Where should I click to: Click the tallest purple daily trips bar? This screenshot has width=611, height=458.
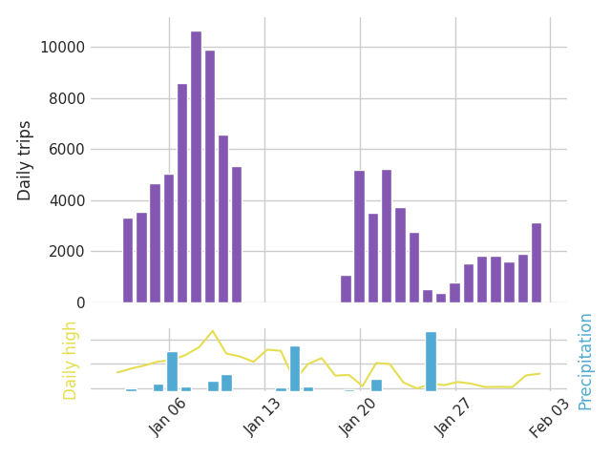pos(196,167)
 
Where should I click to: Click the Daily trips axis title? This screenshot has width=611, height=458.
pos(26,160)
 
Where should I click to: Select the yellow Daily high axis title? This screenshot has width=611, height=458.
pos(71,360)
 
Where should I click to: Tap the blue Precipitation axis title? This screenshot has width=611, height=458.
pos(585,361)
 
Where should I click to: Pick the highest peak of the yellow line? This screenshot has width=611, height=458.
pos(212,331)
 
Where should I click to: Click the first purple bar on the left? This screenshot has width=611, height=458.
pos(128,260)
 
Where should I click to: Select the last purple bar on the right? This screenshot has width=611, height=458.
pos(537,263)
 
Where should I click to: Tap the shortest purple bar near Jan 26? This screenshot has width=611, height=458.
pos(441,299)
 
